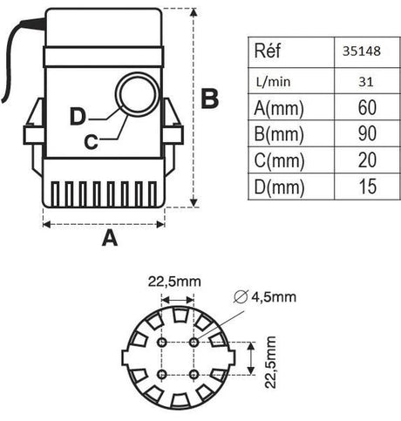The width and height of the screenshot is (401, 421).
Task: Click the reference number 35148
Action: point(362,51)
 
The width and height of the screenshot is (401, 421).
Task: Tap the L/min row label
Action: point(274,82)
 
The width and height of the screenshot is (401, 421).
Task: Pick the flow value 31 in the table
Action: point(366,82)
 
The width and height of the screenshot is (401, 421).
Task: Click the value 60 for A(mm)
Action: point(367,107)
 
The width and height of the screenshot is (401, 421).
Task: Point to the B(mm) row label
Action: point(279,134)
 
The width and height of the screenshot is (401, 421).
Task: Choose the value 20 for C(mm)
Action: point(367,160)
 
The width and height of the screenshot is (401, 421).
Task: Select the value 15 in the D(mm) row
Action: point(368,187)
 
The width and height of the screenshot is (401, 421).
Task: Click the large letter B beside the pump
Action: point(210,99)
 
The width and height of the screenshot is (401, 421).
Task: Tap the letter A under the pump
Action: point(110,238)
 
